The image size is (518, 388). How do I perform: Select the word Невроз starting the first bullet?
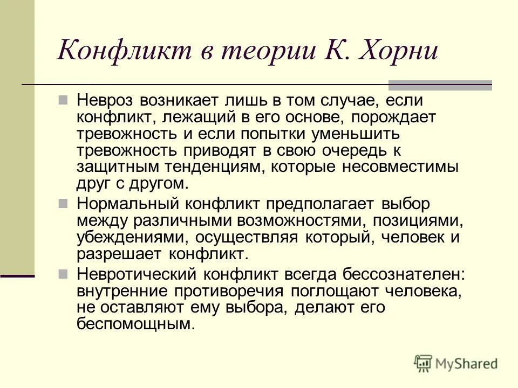pyautogui.click(x=106, y=100)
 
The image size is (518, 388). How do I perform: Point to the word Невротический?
pyautogui.click(x=137, y=274)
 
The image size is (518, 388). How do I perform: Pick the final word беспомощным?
pyautogui.click(x=135, y=324)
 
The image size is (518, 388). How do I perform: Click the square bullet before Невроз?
pyautogui.click(x=64, y=100)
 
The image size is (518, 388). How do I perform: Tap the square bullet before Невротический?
pyautogui.click(x=64, y=274)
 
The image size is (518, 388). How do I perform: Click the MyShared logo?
pyautogui.click(x=456, y=364)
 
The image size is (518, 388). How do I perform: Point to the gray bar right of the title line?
pyautogui.click(x=440, y=85)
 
